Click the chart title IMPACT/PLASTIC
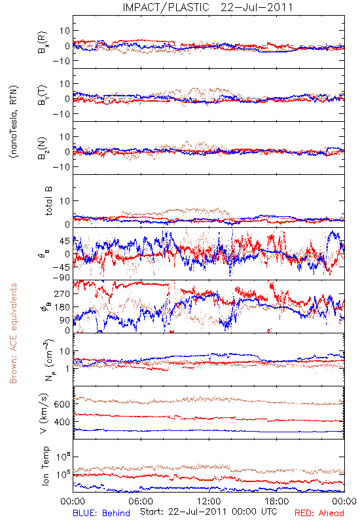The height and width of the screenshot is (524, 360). tap(166, 7)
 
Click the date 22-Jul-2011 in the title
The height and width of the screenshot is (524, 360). tap(257, 7)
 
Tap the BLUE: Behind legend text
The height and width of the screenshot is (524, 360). tap(101, 513)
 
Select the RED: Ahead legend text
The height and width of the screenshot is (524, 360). tap(319, 513)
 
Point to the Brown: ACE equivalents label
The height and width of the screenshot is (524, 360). tap(13, 333)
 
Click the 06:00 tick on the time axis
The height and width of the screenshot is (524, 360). tap(141, 501)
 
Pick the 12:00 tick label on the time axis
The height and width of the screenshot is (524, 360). tap(209, 501)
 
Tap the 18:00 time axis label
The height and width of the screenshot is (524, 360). tap(277, 501)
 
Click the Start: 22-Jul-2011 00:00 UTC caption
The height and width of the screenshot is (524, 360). tap(208, 512)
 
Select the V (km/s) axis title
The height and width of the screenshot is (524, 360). tap(44, 413)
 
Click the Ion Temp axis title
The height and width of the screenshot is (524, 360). tap(45, 465)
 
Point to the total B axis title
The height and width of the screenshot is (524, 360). tap(48, 201)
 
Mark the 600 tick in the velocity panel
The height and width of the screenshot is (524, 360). tap(62, 404)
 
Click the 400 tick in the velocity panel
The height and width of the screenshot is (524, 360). tap(62, 422)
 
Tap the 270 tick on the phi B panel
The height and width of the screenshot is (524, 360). tap(62, 293)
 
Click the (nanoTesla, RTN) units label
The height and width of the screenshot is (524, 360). tap(14, 122)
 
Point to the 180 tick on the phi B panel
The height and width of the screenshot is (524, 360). tap(62, 307)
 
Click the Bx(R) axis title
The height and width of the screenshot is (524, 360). tap(43, 43)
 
